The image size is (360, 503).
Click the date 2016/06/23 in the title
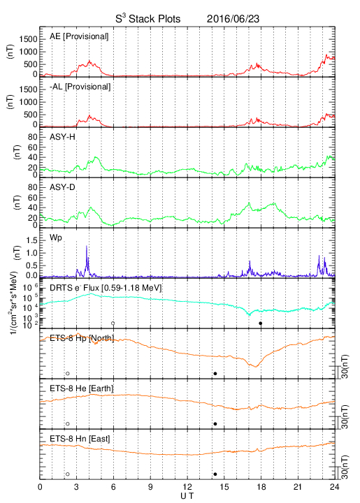pos(233,19)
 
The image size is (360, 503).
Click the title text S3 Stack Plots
pos(148,19)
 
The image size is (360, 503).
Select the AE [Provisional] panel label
pos(79,36)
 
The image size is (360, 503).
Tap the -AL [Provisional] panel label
pos(80,87)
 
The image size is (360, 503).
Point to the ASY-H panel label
pos(62,137)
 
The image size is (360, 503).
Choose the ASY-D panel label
pos(62,187)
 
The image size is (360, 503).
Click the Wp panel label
pos(56,238)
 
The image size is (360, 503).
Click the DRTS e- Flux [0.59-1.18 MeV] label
pos(106,288)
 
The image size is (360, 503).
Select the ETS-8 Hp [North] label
pos(82,338)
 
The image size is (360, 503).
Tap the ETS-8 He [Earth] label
pos(82,388)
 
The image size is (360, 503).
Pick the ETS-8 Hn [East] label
pos(80,439)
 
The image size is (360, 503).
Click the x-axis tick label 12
pos(187,487)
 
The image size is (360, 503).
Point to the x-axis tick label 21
pos(298,487)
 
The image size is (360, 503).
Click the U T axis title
pos(187,496)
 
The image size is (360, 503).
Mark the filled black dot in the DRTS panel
pos(261,323)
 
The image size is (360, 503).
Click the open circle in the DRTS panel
pos(113,323)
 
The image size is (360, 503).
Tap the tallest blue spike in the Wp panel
pos(86,246)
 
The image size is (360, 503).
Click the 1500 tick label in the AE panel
pos(28,39)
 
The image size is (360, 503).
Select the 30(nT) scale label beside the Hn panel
pos(345,467)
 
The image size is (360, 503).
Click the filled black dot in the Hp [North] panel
pos(215,373)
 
